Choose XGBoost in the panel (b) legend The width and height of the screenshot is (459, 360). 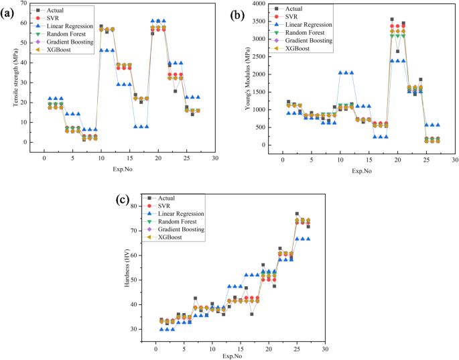point(298,50)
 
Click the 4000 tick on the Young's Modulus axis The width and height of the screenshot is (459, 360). point(258,3)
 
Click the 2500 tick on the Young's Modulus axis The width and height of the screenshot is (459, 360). point(258,56)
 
